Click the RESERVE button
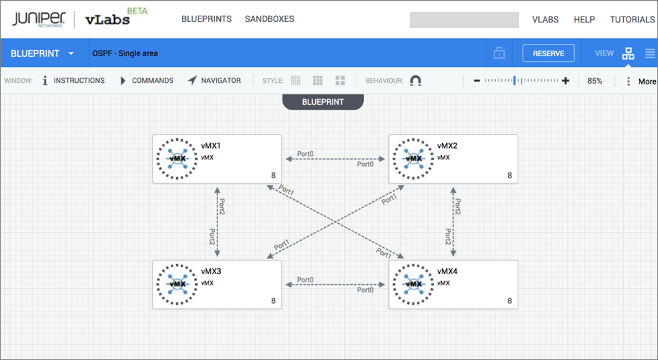548,53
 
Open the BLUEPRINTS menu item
207,19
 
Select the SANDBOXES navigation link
269,19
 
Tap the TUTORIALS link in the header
632,19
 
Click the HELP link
584,19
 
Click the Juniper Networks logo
39,19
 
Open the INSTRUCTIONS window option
73,80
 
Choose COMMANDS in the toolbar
147,80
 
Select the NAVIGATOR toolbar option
215,80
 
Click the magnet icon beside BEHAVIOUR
415,80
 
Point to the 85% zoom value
594,81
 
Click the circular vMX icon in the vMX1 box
177,158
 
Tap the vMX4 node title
447,271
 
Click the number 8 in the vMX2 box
510,175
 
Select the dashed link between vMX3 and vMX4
335,285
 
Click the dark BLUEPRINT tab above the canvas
323,102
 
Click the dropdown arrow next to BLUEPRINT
71,53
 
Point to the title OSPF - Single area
125,53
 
